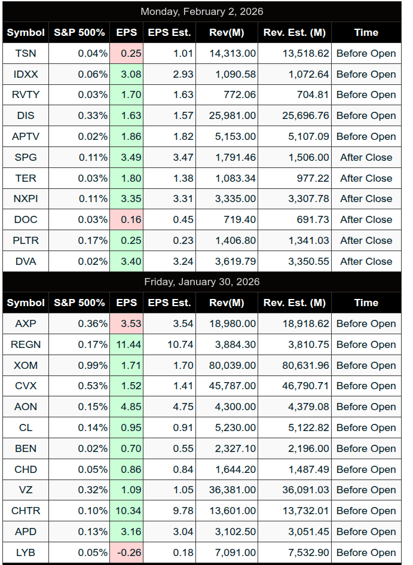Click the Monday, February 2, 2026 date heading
coord(201,11)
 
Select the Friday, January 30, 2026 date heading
coord(201,282)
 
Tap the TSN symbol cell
coord(26,53)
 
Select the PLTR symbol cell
coord(26,240)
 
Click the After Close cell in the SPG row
coord(366,157)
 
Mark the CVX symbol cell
coord(26,386)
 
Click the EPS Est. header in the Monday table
coord(169,32)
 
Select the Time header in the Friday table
coord(366,303)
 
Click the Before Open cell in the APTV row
coord(366,136)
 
